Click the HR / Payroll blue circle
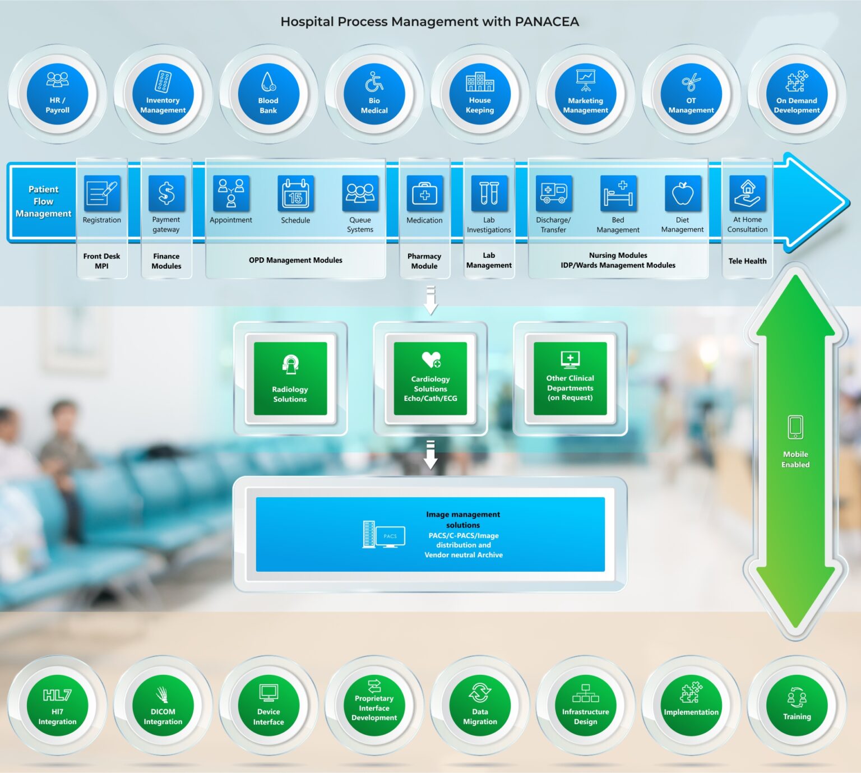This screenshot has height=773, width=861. (57, 94)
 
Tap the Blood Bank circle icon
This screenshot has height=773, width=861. (269, 94)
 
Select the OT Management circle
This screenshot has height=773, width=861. (691, 94)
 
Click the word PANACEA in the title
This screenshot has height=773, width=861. (547, 22)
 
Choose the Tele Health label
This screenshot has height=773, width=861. (747, 261)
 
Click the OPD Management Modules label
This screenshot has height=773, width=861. (295, 260)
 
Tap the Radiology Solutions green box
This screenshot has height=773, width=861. (290, 378)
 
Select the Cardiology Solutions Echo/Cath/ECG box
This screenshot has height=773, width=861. (430, 378)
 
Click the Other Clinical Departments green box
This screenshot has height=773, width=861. (570, 378)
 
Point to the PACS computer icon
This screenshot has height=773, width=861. (384, 535)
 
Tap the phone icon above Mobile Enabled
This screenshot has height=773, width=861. (795, 427)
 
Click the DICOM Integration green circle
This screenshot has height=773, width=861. (163, 705)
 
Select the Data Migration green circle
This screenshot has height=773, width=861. (480, 705)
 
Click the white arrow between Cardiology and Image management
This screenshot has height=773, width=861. (430, 455)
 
